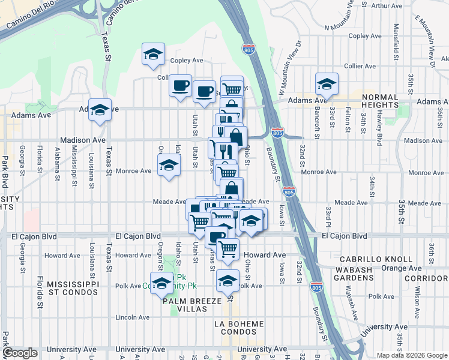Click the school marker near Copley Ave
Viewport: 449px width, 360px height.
click(x=153, y=55)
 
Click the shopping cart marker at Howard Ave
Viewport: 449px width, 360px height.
click(x=228, y=248)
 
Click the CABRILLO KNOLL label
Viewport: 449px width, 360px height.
click(x=376, y=259)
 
